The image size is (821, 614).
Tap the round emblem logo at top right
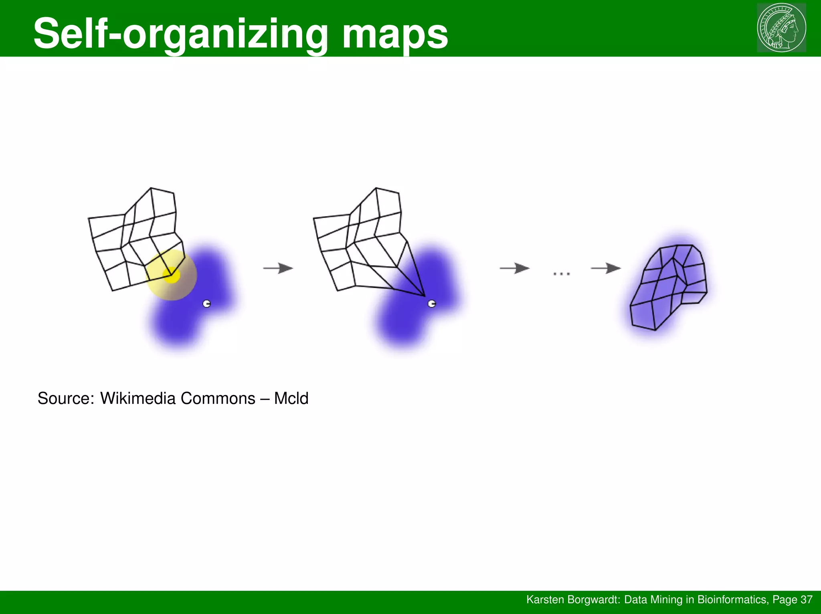coord(781,28)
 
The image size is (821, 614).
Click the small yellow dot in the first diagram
coord(171,275)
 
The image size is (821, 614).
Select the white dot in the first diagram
coord(207,304)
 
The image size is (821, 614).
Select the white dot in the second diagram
coord(432,304)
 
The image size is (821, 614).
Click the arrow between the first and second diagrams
coord(278,268)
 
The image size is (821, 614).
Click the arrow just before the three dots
coord(515,268)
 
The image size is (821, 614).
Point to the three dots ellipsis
coord(561,274)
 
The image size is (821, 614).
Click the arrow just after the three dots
coord(606,268)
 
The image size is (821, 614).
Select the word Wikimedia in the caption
coord(138,399)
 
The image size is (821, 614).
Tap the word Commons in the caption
coord(218,399)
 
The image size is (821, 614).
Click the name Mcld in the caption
coord(291,399)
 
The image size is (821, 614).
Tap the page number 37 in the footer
coord(806,600)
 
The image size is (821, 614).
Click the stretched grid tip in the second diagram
coord(424,296)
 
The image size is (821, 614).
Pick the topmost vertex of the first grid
coord(151,188)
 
